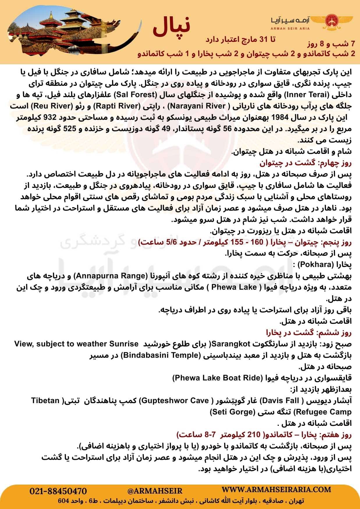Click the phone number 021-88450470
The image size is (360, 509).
click(x=58, y=491)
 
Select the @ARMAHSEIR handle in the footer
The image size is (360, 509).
click(x=155, y=491)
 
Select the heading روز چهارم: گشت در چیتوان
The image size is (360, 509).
click(x=305, y=163)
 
